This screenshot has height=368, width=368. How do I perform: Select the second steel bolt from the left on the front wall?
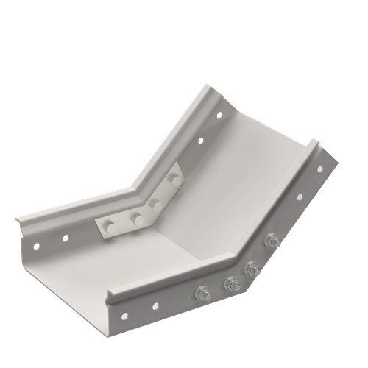click(x=230, y=280)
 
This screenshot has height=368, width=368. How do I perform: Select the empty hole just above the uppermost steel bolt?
click(x=299, y=197)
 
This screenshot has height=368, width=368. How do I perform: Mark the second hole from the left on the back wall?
click(x=65, y=237)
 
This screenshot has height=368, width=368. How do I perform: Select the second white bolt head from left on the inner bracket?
click(x=135, y=216)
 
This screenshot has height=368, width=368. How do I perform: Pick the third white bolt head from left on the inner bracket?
click(x=155, y=198)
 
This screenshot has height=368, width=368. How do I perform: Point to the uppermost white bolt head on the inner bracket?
click(x=173, y=177)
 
